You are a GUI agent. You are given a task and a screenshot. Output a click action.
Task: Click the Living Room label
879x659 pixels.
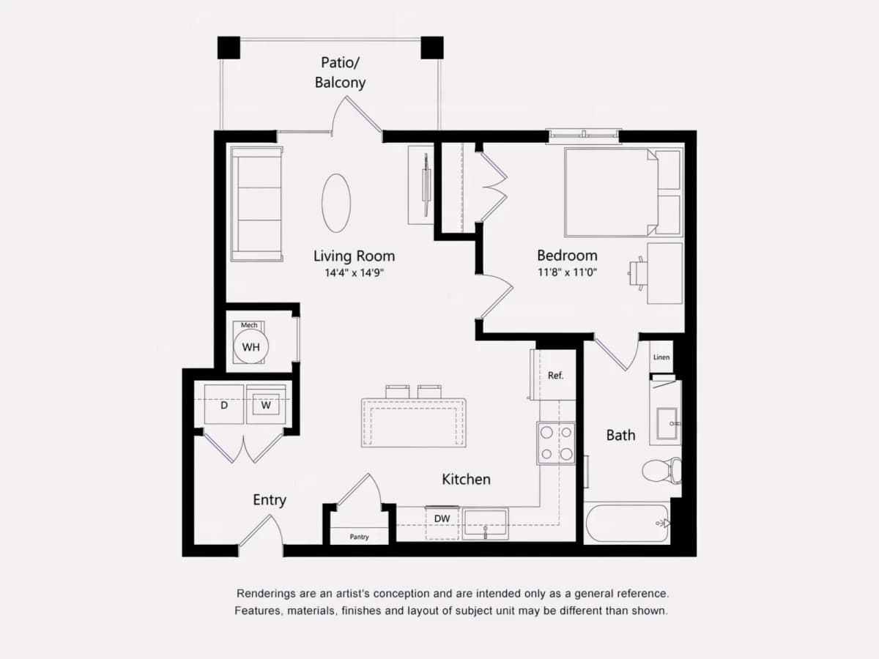354,256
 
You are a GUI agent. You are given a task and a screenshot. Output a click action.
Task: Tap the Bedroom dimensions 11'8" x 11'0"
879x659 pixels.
567,272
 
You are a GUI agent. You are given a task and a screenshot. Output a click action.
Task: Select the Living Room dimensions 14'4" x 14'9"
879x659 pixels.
354,273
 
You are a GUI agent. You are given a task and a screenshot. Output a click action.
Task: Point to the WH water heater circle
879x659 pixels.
251,347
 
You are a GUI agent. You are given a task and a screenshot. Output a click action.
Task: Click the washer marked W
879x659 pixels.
266,404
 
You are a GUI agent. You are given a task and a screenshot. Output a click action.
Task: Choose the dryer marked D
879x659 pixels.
224,404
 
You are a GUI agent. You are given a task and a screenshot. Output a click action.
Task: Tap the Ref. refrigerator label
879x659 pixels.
555,376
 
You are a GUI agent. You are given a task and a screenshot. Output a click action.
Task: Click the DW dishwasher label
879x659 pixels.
442,518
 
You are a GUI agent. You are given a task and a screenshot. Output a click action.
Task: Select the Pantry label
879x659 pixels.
359,537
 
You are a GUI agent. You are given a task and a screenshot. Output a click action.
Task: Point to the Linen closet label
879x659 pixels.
661,357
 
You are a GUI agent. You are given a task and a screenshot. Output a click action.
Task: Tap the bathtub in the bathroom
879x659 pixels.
628,523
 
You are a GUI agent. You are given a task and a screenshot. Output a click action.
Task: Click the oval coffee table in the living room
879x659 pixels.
336,203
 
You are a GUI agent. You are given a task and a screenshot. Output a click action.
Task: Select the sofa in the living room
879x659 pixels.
256,204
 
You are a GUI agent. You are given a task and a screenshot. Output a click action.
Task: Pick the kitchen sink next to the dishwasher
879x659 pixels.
486,524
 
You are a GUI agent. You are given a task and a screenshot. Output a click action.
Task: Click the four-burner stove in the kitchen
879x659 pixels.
556,443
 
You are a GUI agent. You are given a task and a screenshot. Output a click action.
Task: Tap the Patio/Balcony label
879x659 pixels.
340,72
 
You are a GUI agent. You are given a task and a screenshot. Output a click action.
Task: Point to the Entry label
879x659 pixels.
270,500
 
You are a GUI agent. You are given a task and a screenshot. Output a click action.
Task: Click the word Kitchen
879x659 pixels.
466,480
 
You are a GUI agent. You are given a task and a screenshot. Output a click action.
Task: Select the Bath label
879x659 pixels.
620,436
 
